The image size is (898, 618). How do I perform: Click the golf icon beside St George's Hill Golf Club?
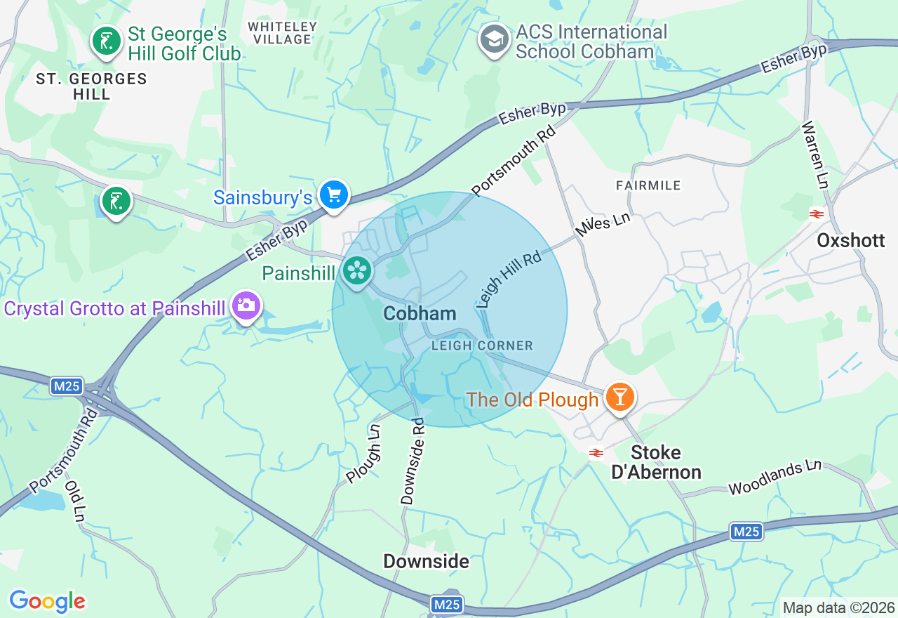point(106,41)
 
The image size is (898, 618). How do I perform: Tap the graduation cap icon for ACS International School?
point(495,40)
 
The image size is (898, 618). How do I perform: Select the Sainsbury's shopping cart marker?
point(334,195)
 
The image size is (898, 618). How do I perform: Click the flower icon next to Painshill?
point(357,270)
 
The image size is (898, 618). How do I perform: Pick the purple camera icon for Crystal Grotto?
point(246,305)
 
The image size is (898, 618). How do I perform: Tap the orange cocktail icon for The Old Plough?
point(619,397)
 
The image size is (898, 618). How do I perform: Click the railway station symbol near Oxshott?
point(816,214)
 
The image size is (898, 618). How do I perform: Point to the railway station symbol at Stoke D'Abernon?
point(596,453)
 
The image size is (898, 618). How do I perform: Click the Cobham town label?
point(420,313)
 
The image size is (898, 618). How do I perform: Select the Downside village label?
point(426,561)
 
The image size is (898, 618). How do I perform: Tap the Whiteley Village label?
point(283,33)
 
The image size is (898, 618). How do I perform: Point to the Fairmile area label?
point(648,185)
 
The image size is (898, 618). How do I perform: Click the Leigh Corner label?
point(482,346)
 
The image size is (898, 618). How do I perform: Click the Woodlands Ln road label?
point(775,477)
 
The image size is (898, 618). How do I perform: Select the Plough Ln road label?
point(364,453)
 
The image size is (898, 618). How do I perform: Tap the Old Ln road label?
point(74,501)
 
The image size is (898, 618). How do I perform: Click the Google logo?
point(47,601)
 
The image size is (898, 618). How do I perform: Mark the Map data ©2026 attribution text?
point(838,607)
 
